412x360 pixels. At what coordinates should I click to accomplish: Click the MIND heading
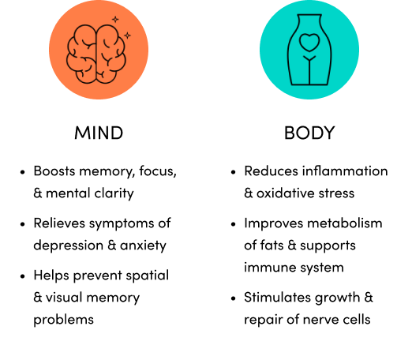(99, 133)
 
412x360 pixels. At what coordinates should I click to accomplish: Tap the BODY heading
(309, 133)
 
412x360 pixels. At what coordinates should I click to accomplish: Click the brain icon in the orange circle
(96, 54)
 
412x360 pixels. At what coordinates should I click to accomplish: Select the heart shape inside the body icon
(309, 43)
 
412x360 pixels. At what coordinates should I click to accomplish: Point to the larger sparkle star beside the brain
(127, 36)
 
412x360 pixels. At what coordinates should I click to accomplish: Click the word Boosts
(54, 171)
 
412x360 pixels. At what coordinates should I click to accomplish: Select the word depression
(69, 246)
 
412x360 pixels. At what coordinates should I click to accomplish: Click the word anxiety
(143, 246)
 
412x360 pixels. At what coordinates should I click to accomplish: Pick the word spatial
(147, 276)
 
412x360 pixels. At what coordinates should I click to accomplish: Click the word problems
(64, 320)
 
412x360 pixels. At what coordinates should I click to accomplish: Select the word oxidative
(285, 193)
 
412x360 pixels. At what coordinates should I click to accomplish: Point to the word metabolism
(345, 223)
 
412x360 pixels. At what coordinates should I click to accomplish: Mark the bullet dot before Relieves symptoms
(23, 224)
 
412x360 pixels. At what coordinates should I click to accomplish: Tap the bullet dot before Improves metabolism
(233, 224)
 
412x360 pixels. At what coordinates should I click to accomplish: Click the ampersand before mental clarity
(38, 193)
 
